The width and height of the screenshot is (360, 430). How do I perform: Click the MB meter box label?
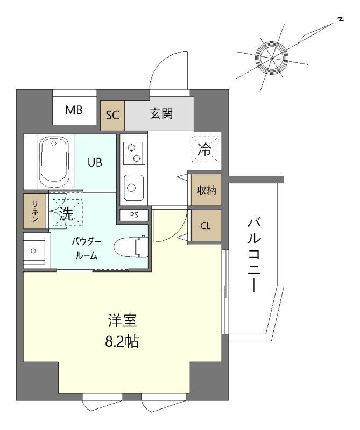tap(74, 111)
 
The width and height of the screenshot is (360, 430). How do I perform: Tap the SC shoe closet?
tap(112, 114)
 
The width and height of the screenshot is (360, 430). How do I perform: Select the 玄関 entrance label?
tap(160, 114)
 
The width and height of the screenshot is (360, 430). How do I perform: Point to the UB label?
tap(95, 162)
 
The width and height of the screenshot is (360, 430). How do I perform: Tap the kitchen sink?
tap(132, 188)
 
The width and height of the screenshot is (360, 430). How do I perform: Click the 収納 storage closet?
tap(206, 190)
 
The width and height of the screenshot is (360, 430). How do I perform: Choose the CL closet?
tap(206, 225)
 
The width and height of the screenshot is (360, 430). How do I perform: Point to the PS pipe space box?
tap(134, 215)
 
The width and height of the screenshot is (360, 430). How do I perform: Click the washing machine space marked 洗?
tap(66, 212)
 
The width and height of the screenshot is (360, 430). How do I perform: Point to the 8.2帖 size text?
tap(122, 341)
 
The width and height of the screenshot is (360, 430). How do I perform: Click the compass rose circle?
tap(270, 56)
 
